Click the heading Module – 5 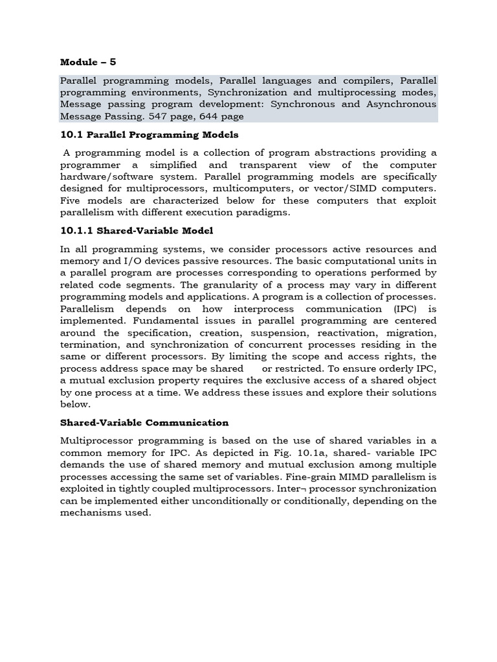point(88,62)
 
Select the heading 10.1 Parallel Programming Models point(149,135)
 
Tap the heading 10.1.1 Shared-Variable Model point(137,231)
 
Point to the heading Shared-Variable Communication point(144,423)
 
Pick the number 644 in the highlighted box point(208,116)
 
